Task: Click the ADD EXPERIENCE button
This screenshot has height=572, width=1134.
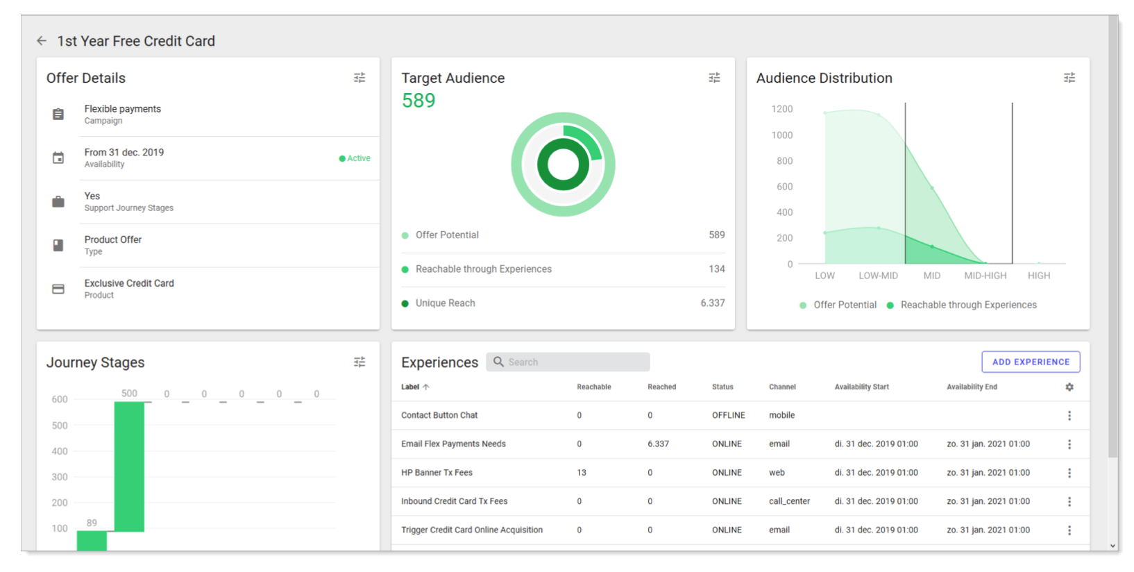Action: point(1030,362)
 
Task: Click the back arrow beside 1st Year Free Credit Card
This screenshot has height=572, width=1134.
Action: point(42,41)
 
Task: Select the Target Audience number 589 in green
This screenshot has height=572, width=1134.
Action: point(418,101)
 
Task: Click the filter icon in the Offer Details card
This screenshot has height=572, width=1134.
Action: point(359,78)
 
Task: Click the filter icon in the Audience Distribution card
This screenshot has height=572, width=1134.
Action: point(1069,78)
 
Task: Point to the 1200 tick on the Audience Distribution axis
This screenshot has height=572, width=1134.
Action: point(781,109)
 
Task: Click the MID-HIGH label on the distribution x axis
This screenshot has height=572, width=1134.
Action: point(985,276)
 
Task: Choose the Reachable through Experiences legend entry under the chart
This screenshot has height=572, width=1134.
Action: point(967,305)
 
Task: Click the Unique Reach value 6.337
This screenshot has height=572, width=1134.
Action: point(712,303)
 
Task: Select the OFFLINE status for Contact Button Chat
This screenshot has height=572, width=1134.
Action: point(728,415)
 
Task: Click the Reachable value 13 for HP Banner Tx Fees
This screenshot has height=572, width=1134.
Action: point(582,473)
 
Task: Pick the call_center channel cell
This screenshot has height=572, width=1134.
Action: point(789,501)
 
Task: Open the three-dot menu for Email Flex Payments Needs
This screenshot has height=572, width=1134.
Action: point(1069,444)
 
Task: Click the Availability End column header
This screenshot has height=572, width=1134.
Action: point(972,387)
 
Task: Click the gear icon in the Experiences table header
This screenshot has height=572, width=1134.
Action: point(1069,387)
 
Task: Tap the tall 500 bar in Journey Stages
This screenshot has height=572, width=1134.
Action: point(129,465)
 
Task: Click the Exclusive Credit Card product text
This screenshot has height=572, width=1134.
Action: point(129,283)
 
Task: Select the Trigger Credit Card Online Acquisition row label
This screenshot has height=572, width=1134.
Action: point(472,530)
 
